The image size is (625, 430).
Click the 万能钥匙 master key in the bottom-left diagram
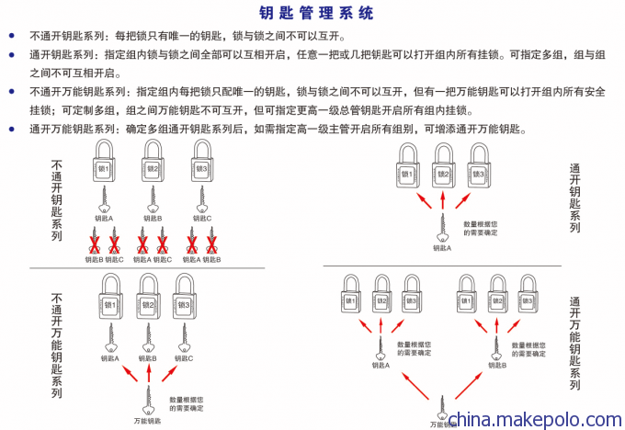(x=147, y=400)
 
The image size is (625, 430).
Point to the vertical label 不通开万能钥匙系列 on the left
(x=57, y=345)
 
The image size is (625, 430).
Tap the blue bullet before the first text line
(x=11, y=36)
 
